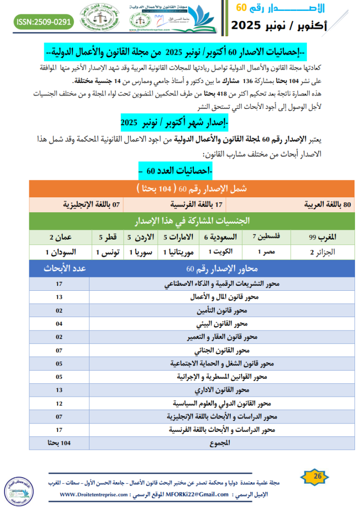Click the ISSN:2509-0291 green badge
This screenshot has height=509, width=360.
click(x=44, y=22)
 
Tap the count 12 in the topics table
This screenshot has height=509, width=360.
click(x=59, y=403)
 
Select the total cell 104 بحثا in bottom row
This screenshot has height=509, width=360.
click(x=59, y=442)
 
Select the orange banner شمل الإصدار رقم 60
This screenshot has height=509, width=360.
click(x=192, y=189)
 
